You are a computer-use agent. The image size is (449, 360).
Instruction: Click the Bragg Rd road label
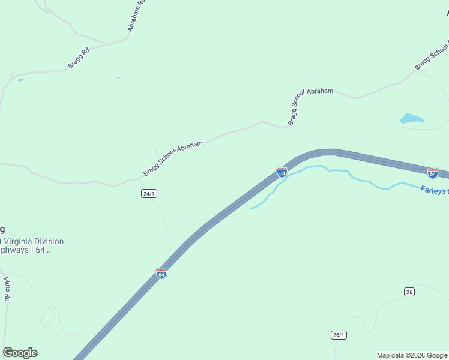79,58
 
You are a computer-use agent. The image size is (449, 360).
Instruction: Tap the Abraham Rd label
136,16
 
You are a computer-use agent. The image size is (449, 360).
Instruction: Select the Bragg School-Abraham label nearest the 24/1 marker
173,159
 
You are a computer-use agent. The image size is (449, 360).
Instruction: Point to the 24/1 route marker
149,193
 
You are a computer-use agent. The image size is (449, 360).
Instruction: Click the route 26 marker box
409,292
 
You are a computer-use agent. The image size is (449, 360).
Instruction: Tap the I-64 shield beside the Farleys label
432,173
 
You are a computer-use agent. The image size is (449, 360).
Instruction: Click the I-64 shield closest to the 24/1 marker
161,273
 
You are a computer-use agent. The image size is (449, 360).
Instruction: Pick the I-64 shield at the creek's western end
282,172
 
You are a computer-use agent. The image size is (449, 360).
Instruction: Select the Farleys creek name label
433,190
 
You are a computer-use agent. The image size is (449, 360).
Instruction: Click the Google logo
20,353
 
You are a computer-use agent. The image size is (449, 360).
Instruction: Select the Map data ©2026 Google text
412,355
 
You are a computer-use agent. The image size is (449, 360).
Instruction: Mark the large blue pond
411,118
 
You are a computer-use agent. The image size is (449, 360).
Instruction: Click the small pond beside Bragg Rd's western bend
21,79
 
